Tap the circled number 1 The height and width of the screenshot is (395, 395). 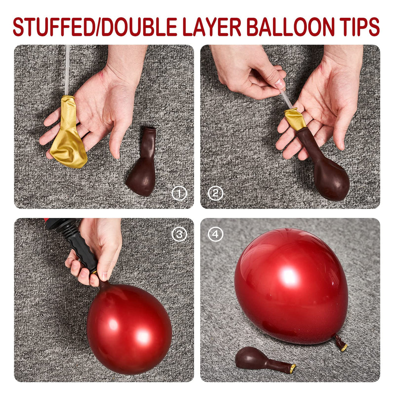coord(179,194)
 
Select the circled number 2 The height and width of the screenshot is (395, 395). coord(215,193)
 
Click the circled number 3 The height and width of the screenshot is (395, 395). coord(179,234)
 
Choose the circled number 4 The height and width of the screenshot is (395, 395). coord(215,234)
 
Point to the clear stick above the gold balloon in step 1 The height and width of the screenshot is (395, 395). coord(67,70)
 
